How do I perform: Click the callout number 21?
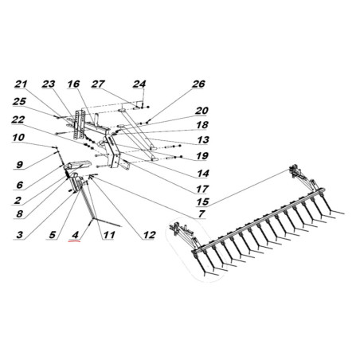coord(21,84)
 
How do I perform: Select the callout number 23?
coord(49,84)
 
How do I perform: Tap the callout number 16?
coord(73,84)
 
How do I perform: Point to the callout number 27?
coord(98,84)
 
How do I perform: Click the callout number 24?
coord(139,84)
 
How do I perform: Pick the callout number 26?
coord(198,84)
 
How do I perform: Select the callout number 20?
coord(202,111)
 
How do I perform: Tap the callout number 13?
coord(203,139)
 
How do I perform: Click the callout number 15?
coord(203,202)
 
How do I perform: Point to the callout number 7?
coord(202,213)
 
